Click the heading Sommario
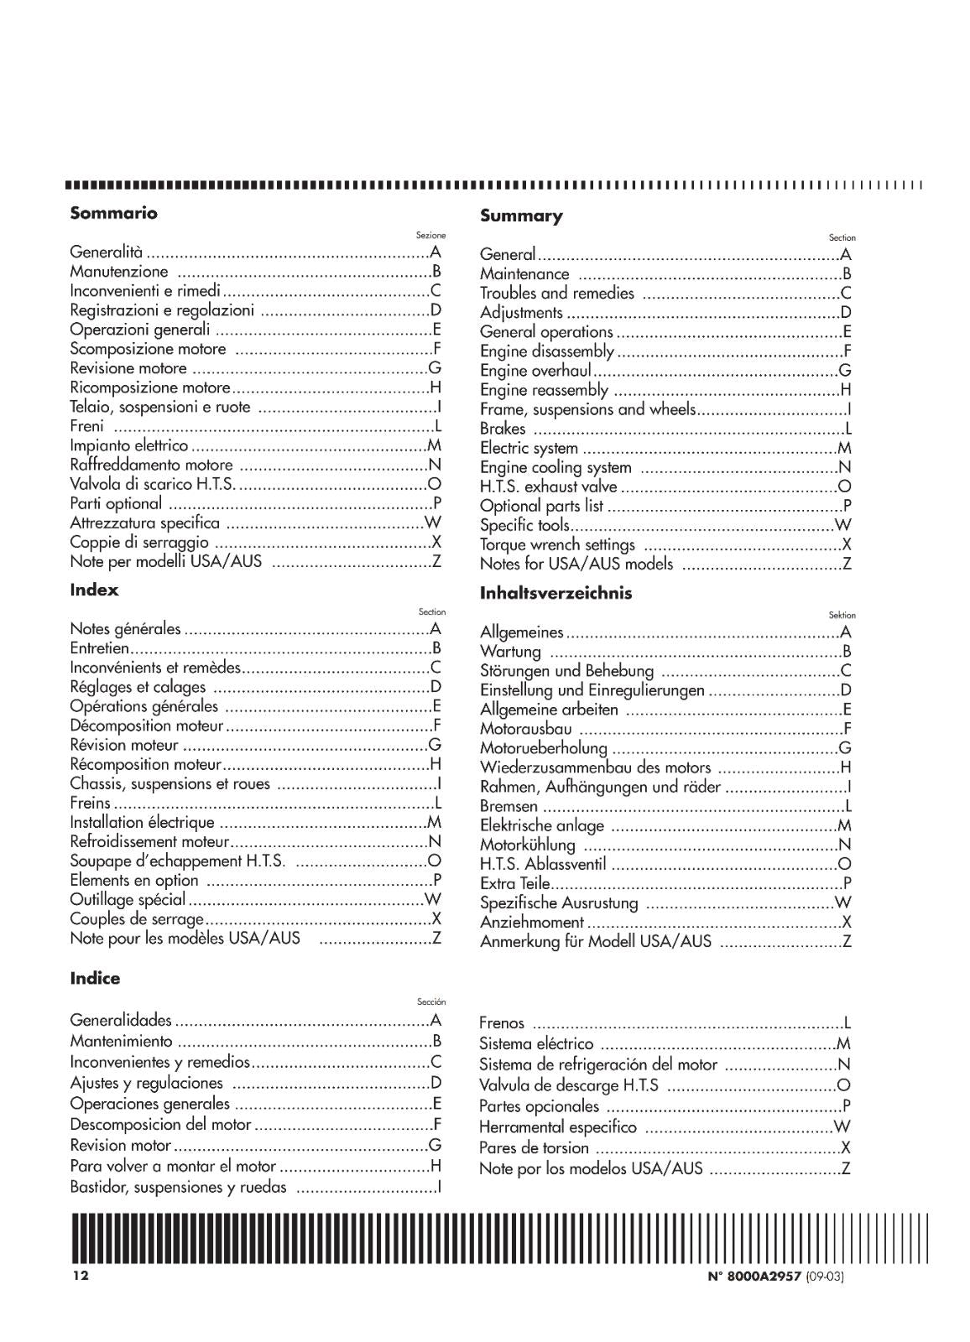[x=113, y=213]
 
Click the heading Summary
[x=521, y=216]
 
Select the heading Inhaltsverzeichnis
[x=555, y=593]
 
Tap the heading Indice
[x=95, y=978]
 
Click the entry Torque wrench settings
[x=557, y=545]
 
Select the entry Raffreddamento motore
[x=151, y=465]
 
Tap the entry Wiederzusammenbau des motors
[x=595, y=767]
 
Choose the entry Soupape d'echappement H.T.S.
[x=177, y=861]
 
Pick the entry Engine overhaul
[x=535, y=371]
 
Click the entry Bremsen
[x=508, y=806]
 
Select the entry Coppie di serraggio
[x=138, y=543]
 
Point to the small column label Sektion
[x=842, y=615]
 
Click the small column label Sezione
[x=430, y=236]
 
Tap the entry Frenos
[x=501, y=1023]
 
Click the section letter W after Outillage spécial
[x=433, y=900]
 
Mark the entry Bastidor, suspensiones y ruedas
[x=178, y=1188]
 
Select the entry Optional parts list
[x=541, y=507]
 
